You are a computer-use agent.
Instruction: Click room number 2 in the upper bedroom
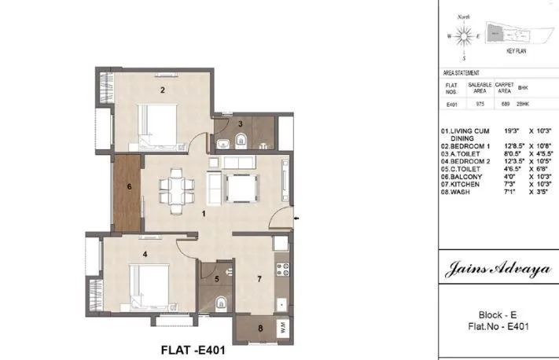coord(163,90)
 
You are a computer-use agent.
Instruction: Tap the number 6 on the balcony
coord(130,186)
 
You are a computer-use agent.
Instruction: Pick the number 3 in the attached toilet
coord(241,124)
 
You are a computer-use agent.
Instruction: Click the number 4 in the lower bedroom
coord(144,254)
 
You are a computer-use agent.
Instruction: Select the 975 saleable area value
coord(479,102)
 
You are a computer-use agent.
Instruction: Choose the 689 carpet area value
coord(504,102)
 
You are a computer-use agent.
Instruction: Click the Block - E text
coord(497,314)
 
